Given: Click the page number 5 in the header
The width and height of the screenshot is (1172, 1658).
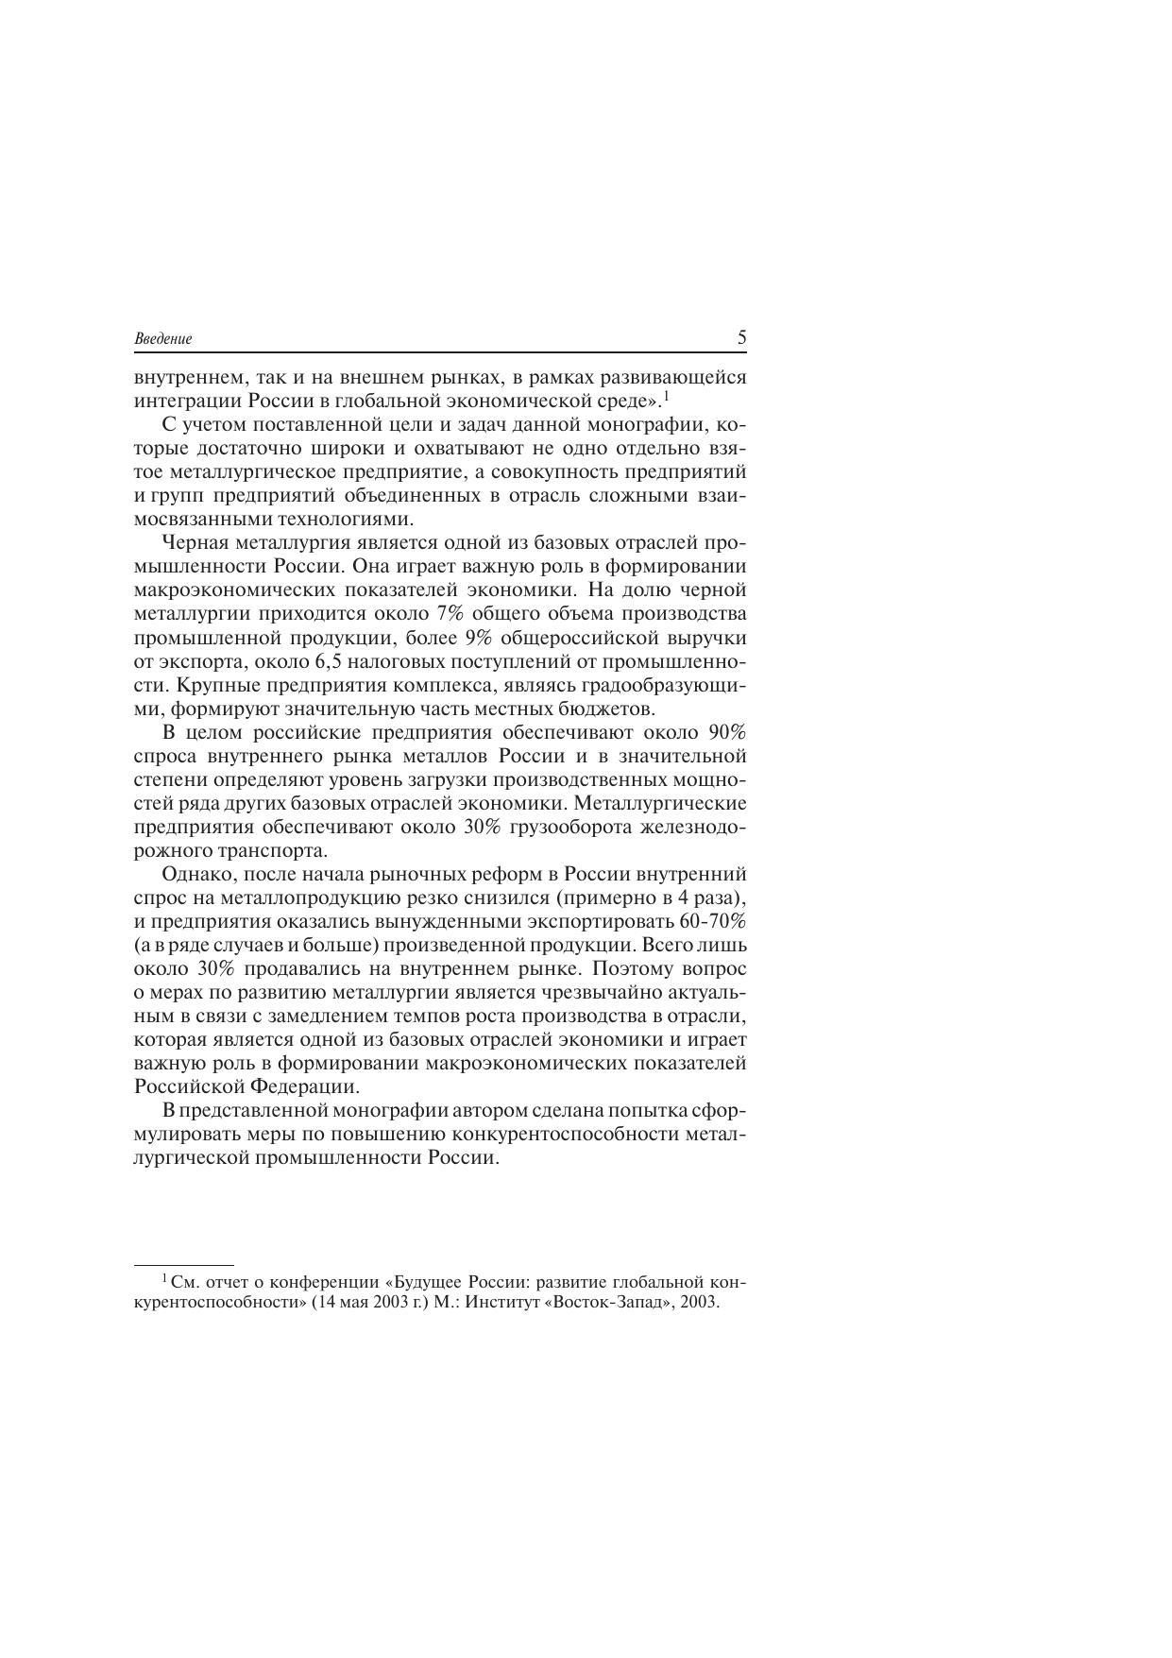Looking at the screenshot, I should [x=741, y=337].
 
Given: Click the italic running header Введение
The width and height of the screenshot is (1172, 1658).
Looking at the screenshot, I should [x=162, y=339].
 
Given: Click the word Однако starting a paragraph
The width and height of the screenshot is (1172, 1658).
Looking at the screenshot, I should [x=195, y=874].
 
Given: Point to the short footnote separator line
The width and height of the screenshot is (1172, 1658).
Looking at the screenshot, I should [x=183, y=1264].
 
